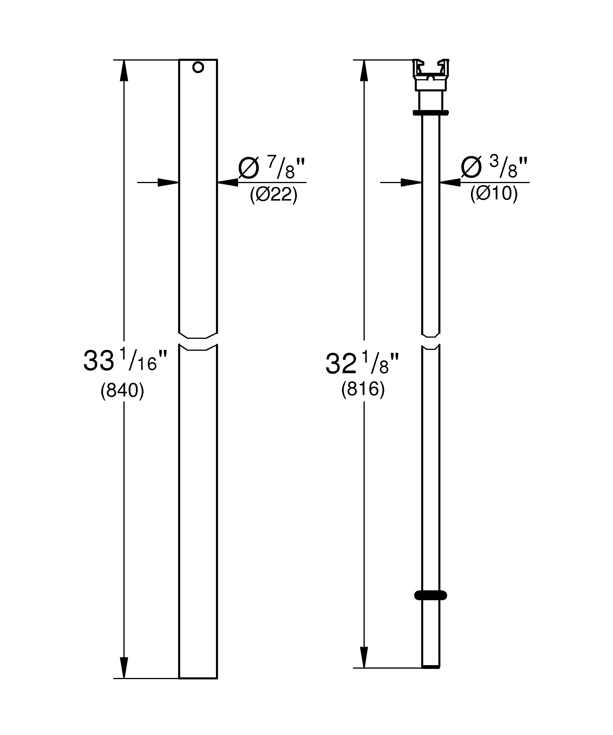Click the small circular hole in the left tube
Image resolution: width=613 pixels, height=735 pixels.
coord(198,67)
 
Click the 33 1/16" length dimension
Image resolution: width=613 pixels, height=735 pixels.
coord(125,360)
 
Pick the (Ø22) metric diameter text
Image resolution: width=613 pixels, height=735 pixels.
coord(274,195)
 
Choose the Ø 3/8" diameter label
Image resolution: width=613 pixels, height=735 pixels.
coord(494,167)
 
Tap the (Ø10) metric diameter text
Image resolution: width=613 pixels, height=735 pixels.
coord(494,193)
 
